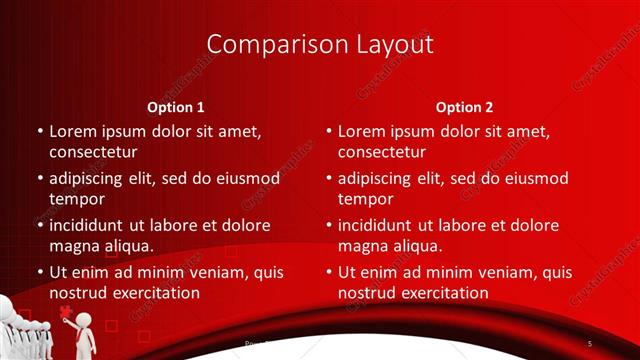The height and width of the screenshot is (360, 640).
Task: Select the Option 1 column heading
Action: coord(176,107)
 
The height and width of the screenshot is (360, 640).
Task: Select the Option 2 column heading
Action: coord(465,107)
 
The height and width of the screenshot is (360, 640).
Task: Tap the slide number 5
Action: coord(590,344)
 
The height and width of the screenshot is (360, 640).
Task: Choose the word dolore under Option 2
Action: coord(533,225)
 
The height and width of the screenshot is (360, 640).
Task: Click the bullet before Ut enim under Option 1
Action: coord(40,272)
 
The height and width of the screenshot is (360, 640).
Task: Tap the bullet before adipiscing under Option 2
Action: coord(329,179)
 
